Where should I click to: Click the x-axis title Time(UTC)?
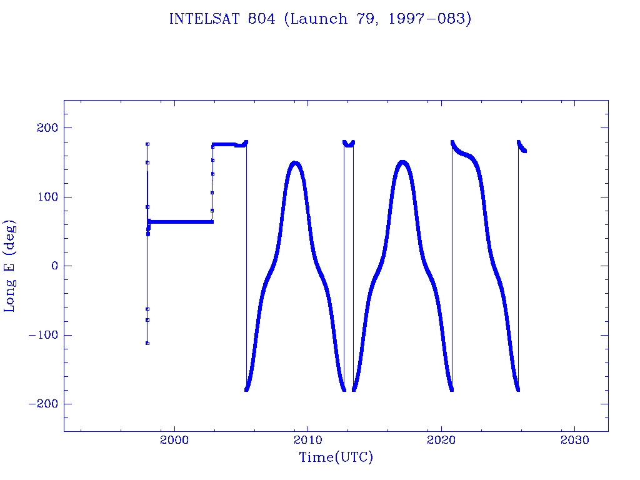336,457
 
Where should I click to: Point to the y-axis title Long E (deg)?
10,266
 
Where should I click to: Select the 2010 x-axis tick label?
307,440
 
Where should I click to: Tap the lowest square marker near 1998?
147,343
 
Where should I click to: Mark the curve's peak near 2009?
296,164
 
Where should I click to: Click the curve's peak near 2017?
403,163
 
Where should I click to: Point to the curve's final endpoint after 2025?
524,151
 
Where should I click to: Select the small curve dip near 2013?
349,146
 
